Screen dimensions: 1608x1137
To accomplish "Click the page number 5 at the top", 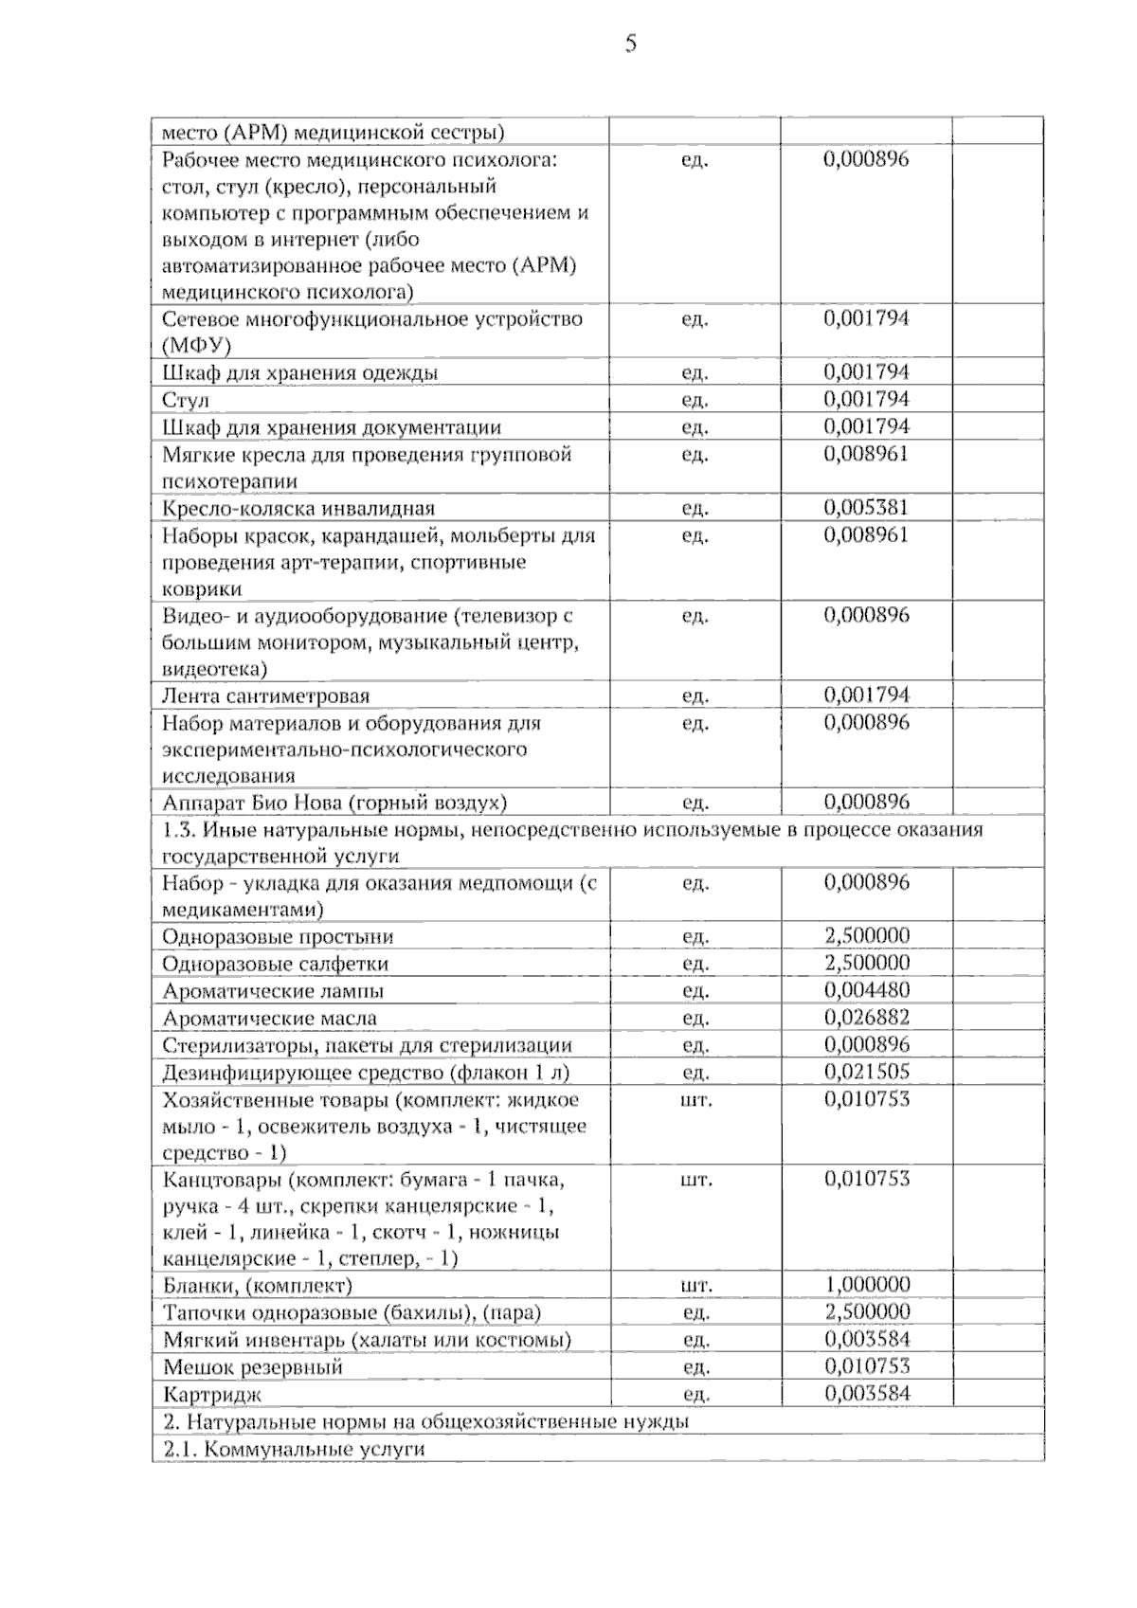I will click(630, 44).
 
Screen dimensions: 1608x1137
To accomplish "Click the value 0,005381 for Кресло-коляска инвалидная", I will click(866, 507).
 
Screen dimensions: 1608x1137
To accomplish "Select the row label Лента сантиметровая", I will click(266, 696).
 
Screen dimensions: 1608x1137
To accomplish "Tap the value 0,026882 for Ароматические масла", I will click(866, 1018).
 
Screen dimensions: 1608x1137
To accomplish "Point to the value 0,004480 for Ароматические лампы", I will click(866, 990).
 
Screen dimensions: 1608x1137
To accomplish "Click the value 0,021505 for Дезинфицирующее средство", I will click(866, 1072).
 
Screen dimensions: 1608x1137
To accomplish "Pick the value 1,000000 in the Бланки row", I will click(866, 1285).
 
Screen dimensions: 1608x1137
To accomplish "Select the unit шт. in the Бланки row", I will click(695, 1286).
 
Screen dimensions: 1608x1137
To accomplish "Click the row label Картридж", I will click(212, 1395).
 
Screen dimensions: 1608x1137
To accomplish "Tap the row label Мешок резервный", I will click(253, 1367).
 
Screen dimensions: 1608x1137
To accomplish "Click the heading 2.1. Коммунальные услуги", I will click(294, 1449).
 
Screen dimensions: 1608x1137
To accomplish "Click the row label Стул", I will click(186, 400).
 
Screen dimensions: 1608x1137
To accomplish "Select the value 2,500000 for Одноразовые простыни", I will click(866, 935).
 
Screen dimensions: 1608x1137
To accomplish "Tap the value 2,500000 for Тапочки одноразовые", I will click(866, 1311).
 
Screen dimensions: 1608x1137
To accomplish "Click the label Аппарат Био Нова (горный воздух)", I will click(334, 804).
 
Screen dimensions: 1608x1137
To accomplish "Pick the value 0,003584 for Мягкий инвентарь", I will click(866, 1339).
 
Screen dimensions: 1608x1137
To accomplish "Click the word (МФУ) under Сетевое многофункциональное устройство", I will click(196, 344).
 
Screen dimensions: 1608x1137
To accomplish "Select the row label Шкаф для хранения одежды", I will click(300, 372).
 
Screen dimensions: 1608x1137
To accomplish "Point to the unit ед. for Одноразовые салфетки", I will click(695, 964).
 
